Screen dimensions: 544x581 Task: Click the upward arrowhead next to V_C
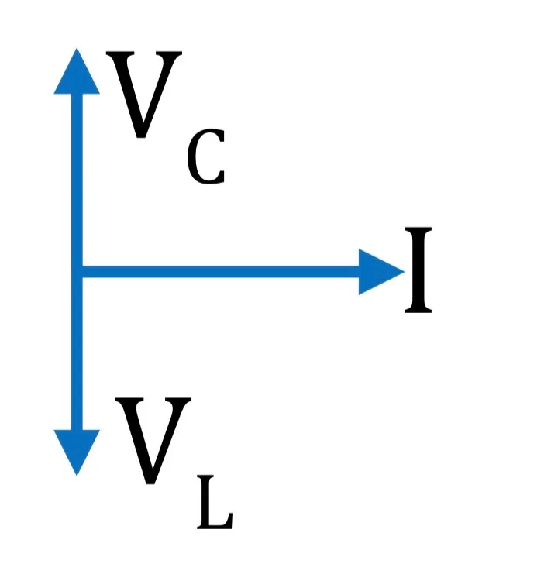click(x=77, y=74)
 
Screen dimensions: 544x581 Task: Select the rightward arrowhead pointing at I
click(x=378, y=272)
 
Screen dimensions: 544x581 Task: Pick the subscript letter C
click(x=206, y=156)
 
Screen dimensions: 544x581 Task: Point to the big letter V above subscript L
click(x=153, y=441)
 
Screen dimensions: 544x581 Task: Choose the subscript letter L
click(x=215, y=502)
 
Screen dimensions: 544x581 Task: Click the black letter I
click(x=418, y=270)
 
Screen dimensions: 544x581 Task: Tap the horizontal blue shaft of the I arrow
click(x=220, y=272)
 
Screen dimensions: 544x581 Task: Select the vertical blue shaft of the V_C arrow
click(x=77, y=180)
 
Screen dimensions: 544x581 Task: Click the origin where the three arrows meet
click(x=77, y=272)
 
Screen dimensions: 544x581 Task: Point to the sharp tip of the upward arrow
click(x=77, y=48)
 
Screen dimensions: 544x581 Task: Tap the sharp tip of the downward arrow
click(x=77, y=476)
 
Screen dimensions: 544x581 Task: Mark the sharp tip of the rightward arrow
click(x=405, y=272)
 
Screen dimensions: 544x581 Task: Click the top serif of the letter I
click(x=418, y=230)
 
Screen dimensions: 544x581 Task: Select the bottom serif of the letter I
click(x=418, y=310)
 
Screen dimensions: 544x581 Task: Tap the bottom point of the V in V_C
click(x=141, y=137)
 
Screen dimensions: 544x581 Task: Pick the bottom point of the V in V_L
click(x=150, y=483)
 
